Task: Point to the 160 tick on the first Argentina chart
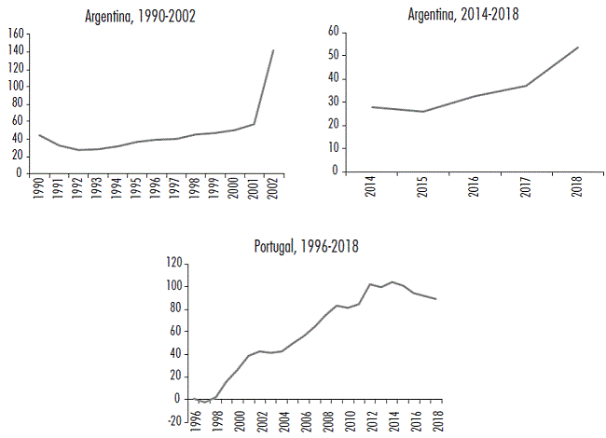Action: pos(15,34)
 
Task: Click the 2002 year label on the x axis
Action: pos(273,189)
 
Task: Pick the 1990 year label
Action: pos(38,189)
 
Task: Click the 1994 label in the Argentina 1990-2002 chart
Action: pos(117,189)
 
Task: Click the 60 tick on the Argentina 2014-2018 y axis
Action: pos(333,32)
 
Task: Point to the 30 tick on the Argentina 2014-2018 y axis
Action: pos(333,102)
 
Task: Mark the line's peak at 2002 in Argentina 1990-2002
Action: pos(272,50)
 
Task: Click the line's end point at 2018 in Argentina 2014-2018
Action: pos(578,48)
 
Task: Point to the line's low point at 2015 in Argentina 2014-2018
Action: pos(423,112)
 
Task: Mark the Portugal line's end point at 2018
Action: pos(435,299)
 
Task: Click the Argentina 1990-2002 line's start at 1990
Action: pos(38,135)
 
